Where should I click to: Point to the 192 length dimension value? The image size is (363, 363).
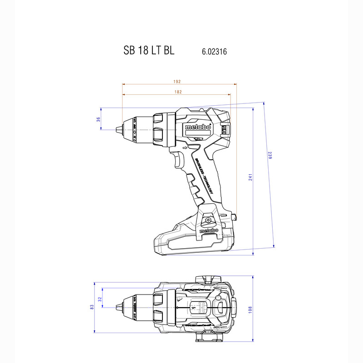click(177, 82)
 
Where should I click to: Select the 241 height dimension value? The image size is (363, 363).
click(250, 177)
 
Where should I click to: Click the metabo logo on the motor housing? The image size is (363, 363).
click(198, 128)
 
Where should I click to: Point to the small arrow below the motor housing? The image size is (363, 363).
click(184, 147)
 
